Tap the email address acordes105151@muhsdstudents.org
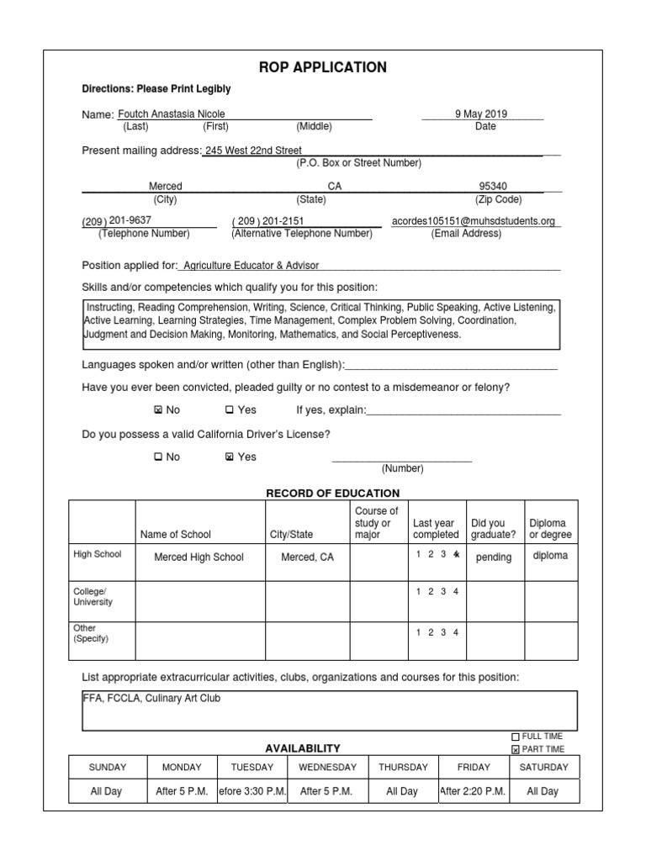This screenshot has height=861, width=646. tap(474, 221)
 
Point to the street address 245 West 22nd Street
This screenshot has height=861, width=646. tap(253, 151)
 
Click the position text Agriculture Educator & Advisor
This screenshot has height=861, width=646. tap(252, 265)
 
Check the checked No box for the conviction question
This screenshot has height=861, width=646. tap(158, 410)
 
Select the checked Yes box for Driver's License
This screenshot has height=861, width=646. tap(230, 457)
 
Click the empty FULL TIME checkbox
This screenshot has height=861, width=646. tap(516, 737)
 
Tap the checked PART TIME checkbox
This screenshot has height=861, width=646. tap(516, 749)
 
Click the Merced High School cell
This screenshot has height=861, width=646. tap(199, 557)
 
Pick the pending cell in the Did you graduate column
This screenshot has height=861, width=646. tap(493, 557)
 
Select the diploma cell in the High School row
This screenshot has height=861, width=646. tap(550, 556)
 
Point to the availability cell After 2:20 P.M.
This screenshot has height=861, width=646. tap(474, 791)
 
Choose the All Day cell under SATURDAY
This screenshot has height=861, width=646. tap(543, 791)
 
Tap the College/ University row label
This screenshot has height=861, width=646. tap(93, 597)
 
